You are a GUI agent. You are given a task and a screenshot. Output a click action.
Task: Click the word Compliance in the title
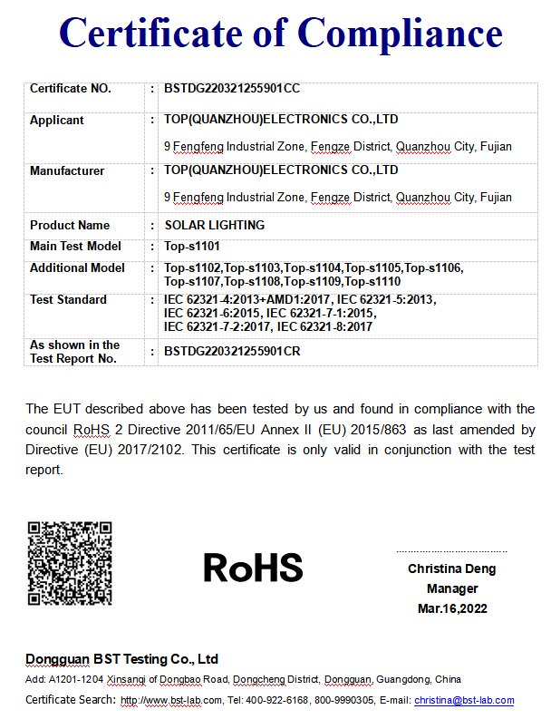[400, 34]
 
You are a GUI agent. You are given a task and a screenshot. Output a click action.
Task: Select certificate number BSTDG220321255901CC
[231, 89]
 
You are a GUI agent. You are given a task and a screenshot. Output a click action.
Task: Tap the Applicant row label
[56, 120]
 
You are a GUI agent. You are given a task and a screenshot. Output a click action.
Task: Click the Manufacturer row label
[67, 170]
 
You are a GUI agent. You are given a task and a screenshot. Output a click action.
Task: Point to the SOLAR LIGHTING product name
[214, 225]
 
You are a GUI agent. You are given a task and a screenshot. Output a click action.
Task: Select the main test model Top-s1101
[192, 247]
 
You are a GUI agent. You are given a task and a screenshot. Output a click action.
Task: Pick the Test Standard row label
[68, 299]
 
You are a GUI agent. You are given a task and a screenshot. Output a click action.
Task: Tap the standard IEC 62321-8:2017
[324, 326]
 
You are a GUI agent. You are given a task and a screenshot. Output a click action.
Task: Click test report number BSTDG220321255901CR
[231, 351]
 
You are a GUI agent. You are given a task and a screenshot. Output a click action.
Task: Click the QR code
[70, 563]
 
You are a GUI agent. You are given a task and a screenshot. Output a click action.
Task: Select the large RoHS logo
[253, 568]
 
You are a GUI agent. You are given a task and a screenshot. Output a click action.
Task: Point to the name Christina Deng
[451, 569]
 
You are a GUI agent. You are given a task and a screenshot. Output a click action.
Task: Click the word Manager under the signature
[451, 588]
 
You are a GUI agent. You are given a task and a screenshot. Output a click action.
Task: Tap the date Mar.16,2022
[451, 608]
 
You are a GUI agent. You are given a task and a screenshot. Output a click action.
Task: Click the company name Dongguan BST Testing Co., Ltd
[121, 659]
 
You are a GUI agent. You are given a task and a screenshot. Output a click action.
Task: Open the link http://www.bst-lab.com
[171, 700]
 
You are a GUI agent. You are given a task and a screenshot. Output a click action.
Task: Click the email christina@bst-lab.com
[464, 700]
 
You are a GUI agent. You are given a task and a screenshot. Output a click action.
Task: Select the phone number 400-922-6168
[278, 700]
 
